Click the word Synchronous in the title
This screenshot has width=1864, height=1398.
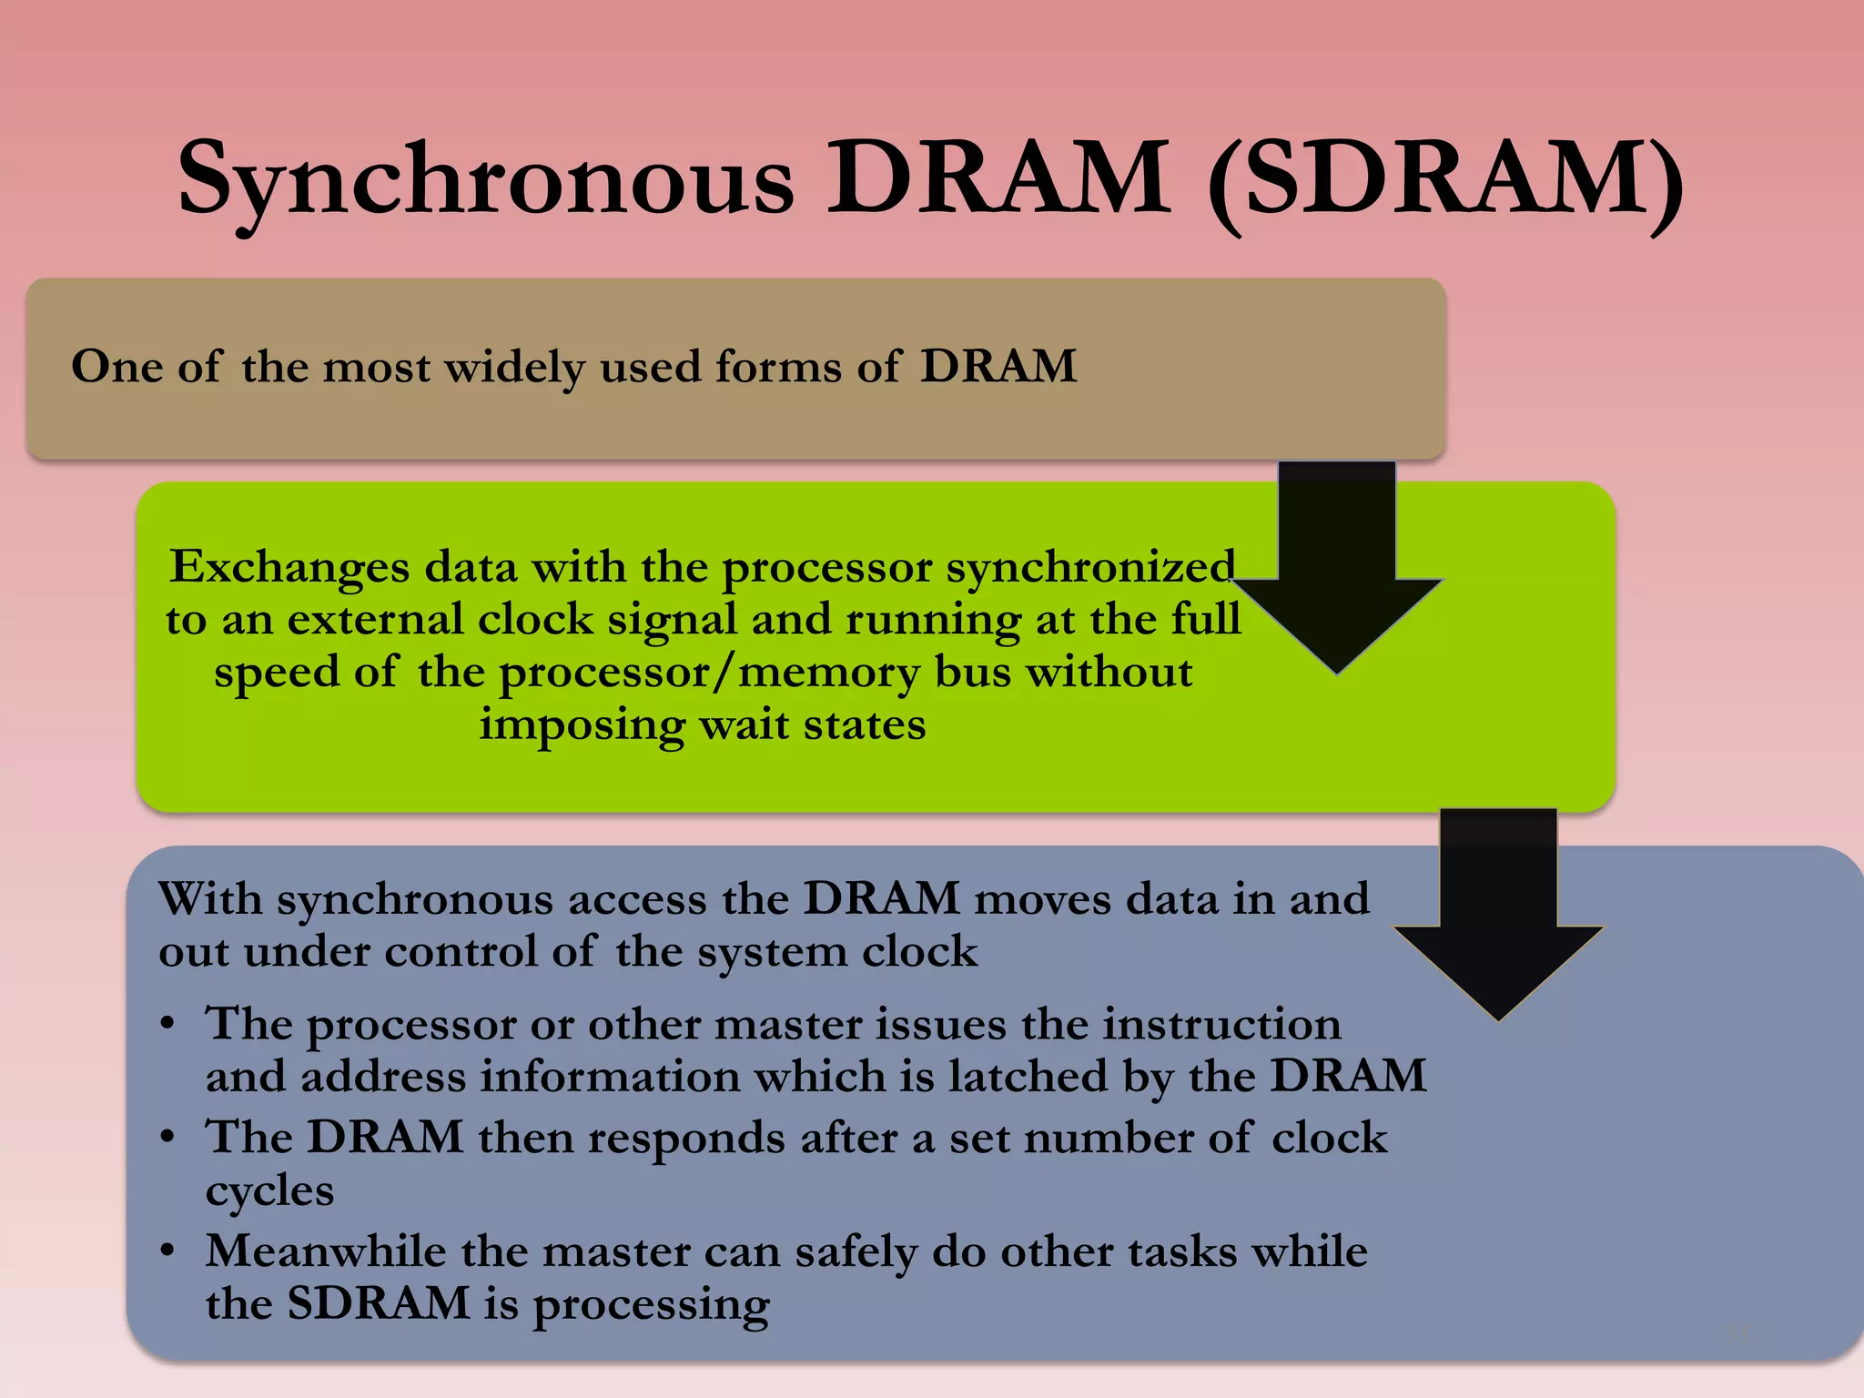[486, 180]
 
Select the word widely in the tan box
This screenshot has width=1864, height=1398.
[514, 368]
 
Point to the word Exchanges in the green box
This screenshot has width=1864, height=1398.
[289, 568]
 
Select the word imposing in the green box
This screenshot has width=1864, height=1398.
[581, 726]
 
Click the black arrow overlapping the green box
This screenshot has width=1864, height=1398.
[1336, 573]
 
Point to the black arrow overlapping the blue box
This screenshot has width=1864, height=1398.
[1498, 919]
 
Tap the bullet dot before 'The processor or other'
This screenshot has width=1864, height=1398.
[167, 1025]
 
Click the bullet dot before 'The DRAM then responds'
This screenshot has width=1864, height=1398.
[167, 1138]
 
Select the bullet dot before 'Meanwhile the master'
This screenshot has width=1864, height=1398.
[167, 1251]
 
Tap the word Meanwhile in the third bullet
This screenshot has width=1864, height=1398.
[325, 1251]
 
